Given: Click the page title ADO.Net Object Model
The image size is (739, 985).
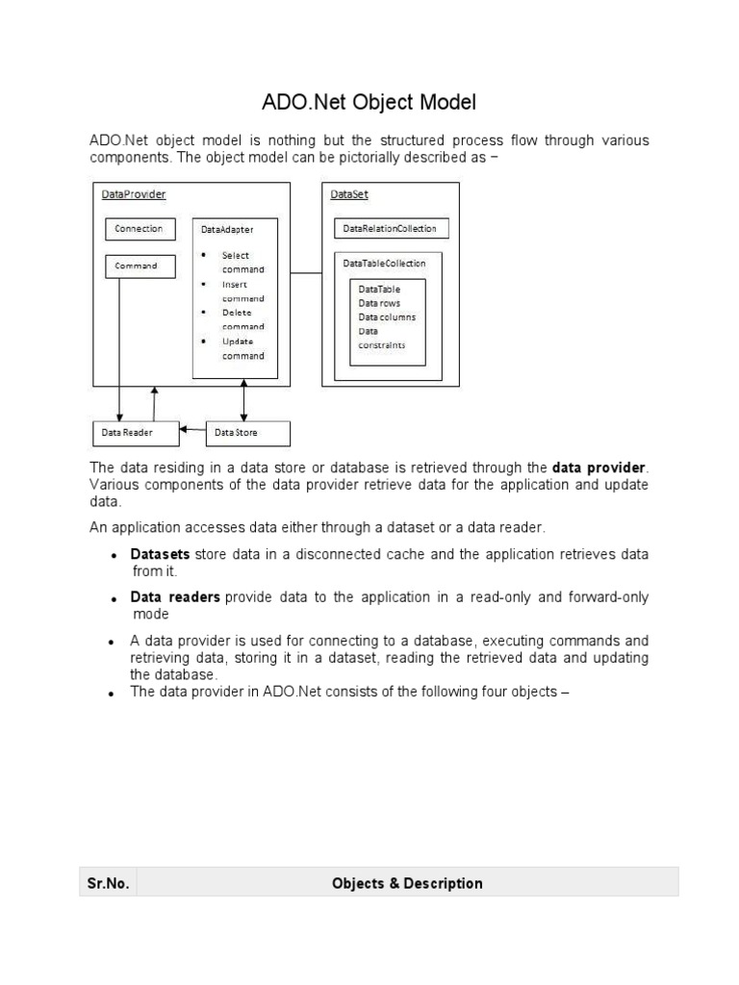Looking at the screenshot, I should click(369, 101).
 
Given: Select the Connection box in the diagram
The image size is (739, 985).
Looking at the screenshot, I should click(140, 229).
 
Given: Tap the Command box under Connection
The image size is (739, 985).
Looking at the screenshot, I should click(140, 265).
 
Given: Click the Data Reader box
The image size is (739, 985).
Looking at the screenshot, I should click(135, 434).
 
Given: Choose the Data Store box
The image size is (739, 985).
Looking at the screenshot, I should click(247, 434).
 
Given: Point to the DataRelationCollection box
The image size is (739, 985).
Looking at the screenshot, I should click(391, 229).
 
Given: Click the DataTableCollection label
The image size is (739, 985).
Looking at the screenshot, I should click(385, 263).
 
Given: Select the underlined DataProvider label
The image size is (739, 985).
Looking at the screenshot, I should click(134, 194).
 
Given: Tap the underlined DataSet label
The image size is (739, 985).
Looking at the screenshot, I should click(349, 194).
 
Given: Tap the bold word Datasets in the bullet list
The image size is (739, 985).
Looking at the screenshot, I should click(160, 555).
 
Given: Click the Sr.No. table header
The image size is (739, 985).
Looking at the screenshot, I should click(108, 883).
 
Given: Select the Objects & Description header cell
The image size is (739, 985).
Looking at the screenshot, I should click(407, 883).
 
